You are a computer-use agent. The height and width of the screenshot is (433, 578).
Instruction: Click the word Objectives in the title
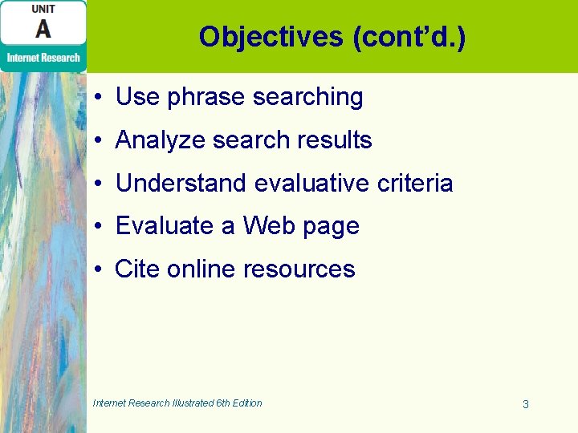[x=271, y=36]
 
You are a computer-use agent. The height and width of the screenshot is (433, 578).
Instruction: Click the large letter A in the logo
[x=43, y=28]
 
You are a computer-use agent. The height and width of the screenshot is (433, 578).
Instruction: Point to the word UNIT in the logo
[x=43, y=9]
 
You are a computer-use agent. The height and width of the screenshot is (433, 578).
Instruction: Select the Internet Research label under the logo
[x=43, y=57]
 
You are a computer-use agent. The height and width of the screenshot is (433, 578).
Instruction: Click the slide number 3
[x=525, y=404]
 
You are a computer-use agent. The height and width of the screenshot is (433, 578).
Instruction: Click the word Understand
[x=181, y=184]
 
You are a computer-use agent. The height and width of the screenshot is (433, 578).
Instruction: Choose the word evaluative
[x=303, y=184]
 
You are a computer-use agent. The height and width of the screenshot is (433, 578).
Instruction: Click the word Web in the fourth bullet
[x=269, y=226]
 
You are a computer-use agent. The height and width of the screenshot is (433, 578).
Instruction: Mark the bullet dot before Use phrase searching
[x=96, y=98]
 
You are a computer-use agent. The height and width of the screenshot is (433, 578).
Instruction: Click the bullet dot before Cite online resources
[x=96, y=269]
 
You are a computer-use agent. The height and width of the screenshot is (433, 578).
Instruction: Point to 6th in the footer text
[x=222, y=403]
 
